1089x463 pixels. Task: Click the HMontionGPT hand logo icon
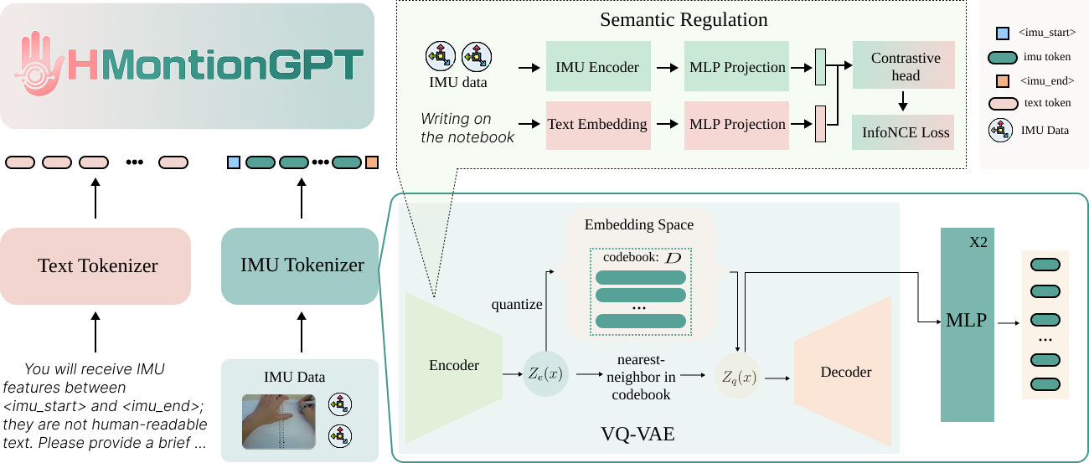pos(41,64)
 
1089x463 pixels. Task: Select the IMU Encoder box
pos(596,68)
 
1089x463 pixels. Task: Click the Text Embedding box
pos(596,125)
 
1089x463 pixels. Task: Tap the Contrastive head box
pos(905,67)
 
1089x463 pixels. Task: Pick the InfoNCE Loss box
pos(905,132)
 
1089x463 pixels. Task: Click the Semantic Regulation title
pos(684,19)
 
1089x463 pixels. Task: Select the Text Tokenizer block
pos(97,266)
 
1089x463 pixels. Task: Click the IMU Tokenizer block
pos(302,266)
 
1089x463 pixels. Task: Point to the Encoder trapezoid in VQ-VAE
pos(453,366)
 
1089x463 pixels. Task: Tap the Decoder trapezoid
pos(845,373)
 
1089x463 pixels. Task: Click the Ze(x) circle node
pos(545,373)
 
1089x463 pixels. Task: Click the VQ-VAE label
pos(637,435)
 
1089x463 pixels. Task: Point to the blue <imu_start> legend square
pos(1000,34)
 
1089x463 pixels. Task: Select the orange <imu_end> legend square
pos(1000,81)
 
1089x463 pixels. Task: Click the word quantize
pos(516,304)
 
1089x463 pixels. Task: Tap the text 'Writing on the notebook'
pos(467,128)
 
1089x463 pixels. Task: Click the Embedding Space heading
pos(638,224)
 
